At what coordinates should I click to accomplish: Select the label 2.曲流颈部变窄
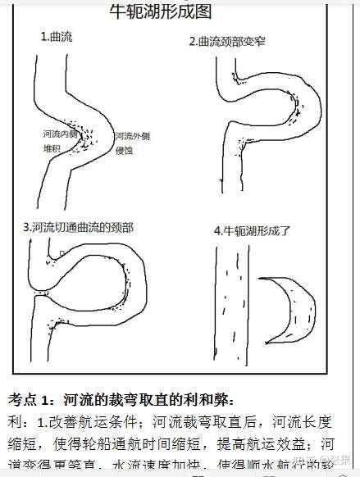[x=228, y=41]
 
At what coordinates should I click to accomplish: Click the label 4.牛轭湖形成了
[x=253, y=230]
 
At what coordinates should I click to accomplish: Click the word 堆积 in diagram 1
[x=52, y=149]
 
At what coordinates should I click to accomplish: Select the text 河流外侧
[x=132, y=135]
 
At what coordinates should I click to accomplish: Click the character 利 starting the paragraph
[x=14, y=422]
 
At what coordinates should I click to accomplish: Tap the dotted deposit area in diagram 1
[x=82, y=148]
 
